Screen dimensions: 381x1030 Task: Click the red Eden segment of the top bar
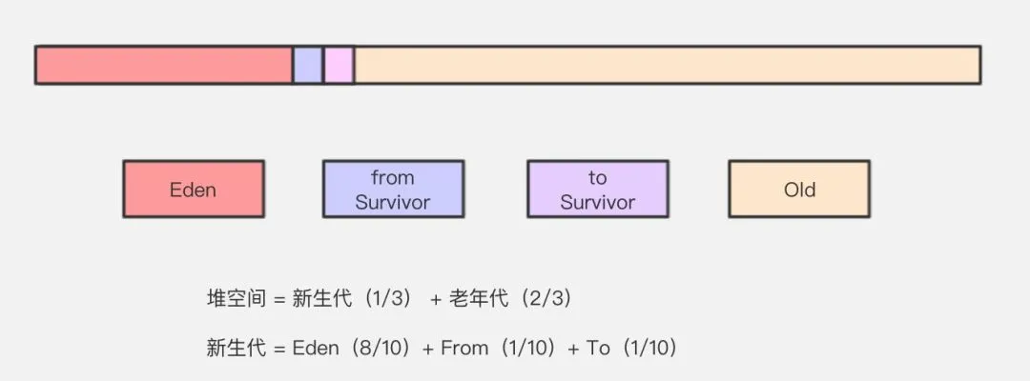(x=163, y=65)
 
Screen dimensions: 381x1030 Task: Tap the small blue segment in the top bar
(x=307, y=65)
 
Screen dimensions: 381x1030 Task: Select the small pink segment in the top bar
(x=339, y=65)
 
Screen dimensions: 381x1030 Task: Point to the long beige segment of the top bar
(x=667, y=65)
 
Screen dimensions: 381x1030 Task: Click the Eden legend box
(x=194, y=190)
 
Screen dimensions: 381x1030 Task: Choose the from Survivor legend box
(x=393, y=190)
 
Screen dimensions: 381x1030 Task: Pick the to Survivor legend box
(x=598, y=190)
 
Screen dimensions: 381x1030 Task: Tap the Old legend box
(x=799, y=190)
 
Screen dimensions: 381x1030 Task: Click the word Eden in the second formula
(x=316, y=349)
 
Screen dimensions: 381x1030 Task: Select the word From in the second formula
(x=464, y=349)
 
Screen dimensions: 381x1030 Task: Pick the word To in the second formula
(x=598, y=349)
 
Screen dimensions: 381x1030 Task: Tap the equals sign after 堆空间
(x=279, y=299)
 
